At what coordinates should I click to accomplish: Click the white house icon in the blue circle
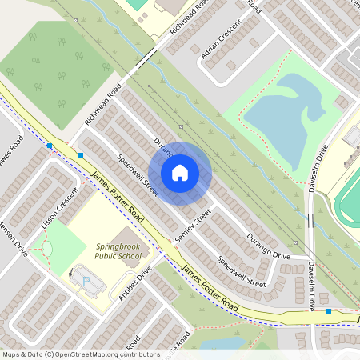pos(180,173)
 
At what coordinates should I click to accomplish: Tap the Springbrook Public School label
pos(118,252)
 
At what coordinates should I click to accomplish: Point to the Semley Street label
pos(198,226)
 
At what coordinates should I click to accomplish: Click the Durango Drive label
pos(268,245)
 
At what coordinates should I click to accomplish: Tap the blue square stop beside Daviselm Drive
pos(328,310)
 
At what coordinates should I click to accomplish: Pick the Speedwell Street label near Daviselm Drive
pos(242,272)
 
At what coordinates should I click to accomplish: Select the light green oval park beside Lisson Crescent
pos(46,250)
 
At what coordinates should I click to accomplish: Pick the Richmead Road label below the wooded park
pos(103,104)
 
